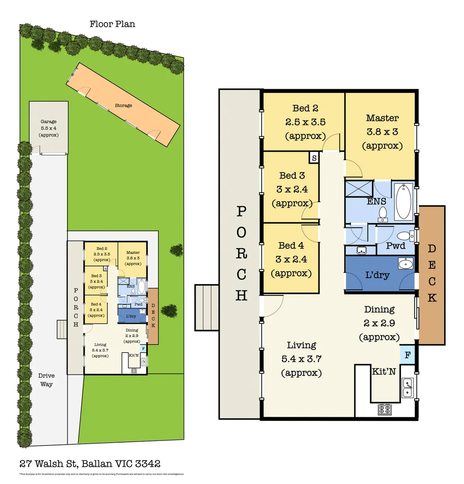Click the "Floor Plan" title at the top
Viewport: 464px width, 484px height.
[112, 24]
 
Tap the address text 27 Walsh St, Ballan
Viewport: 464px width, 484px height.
[90, 463]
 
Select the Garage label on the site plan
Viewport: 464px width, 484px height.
[48, 121]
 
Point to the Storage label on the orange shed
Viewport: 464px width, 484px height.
[123, 106]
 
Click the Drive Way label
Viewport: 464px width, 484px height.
[46, 380]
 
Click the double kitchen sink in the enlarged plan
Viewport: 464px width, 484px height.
[407, 388]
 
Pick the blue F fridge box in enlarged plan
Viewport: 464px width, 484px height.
[407, 354]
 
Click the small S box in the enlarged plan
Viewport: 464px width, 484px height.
[314, 158]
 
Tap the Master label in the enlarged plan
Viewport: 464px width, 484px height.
[382, 118]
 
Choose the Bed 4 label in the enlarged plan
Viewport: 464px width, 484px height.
[291, 246]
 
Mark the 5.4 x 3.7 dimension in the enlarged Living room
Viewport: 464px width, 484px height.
[302, 359]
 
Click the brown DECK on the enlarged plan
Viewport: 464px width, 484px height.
[431, 275]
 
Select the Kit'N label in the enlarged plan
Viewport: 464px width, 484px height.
[384, 371]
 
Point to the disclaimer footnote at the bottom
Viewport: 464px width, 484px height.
[102, 474]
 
